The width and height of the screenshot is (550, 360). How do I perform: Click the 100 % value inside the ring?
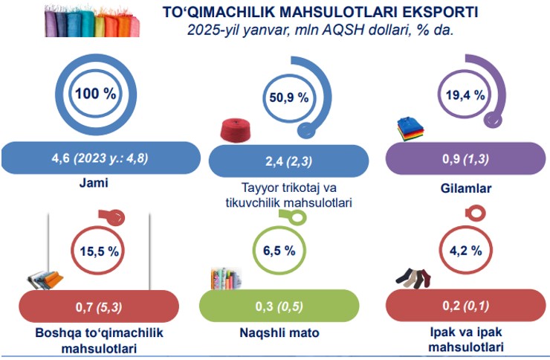95,94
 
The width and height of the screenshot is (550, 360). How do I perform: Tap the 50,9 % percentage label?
289,97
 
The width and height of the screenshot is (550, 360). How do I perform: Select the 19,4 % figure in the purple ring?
465,95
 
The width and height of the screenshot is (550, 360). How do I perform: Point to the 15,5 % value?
100,251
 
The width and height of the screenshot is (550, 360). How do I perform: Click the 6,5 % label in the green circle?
279,251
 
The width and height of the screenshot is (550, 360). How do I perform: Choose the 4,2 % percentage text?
466,251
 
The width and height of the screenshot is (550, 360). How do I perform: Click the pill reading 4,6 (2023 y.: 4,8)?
101,158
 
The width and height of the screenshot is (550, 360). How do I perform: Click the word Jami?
94,183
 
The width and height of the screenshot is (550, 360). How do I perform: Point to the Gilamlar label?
466,188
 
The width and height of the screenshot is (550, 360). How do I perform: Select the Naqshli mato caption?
279,332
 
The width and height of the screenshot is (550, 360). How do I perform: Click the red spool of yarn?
236,130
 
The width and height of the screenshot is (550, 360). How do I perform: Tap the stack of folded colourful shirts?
410,129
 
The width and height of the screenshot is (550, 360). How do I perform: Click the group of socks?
413,279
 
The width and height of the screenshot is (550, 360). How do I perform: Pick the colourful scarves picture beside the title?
92,22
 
